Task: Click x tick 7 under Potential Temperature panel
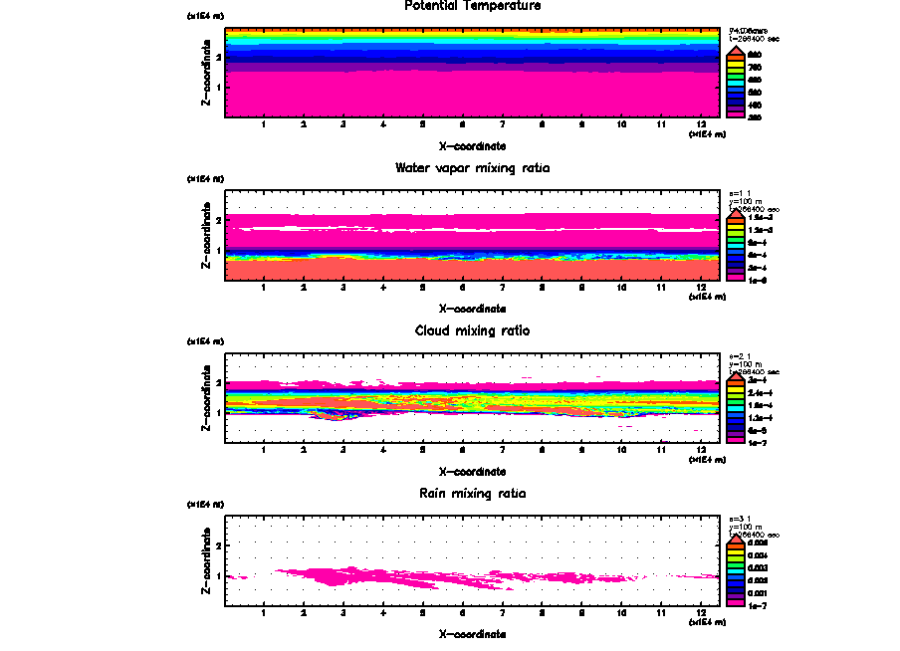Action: pos(503,124)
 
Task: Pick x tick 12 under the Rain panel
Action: pos(702,612)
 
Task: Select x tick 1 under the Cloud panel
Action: pos(264,450)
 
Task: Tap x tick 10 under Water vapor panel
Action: pos(622,288)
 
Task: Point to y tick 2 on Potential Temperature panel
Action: pos(218,57)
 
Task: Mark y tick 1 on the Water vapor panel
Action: pos(218,251)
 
